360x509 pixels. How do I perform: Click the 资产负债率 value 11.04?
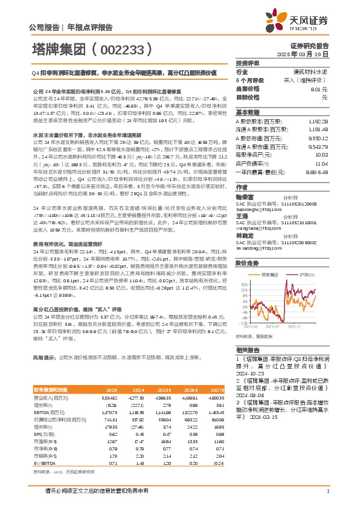(321, 164)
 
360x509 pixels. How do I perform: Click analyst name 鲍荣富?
(244, 196)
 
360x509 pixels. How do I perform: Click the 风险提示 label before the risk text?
(45, 375)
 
